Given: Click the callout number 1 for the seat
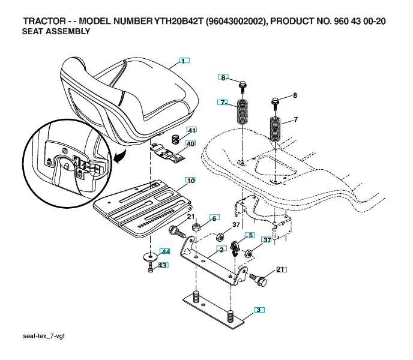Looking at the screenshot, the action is [x=184, y=61].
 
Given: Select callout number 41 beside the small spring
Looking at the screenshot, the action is [x=191, y=130].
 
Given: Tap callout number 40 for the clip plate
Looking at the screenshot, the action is [x=190, y=143].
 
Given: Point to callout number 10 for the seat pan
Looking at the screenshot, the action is [x=190, y=181].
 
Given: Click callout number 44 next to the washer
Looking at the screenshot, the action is [x=166, y=252].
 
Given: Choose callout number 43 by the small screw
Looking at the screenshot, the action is [x=163, y=265].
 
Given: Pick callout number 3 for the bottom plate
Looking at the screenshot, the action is [x=259, y=310].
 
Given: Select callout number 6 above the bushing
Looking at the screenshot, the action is [x=214, y=218].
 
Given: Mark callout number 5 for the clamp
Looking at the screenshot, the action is [x=250, y=235].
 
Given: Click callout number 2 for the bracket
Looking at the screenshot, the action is [x=222, y=249].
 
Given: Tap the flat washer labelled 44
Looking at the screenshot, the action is [x=150, y=257].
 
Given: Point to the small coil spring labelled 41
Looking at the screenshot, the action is [x=176, y=139].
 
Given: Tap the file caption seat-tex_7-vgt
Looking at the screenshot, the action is [x=44, y=336].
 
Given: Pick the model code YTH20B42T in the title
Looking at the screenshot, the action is [x=178, y=21].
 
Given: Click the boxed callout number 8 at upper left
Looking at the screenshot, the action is [x=223, y=77].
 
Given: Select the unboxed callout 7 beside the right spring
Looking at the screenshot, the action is [x=295, y=120].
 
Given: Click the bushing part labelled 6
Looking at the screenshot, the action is [x=196, y=226].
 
